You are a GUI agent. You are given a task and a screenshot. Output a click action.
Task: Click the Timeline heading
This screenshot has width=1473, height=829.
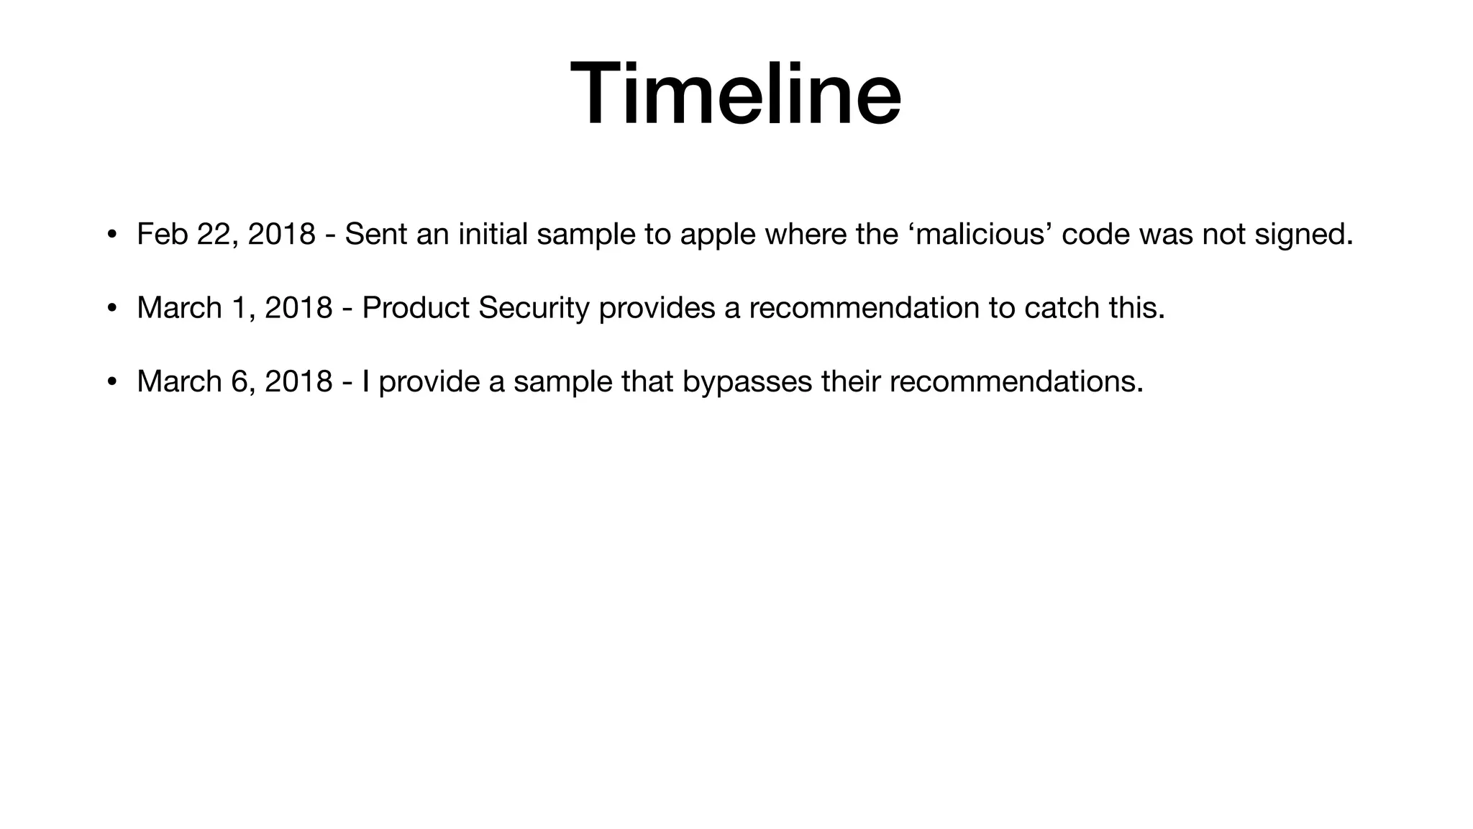tap(736, 94)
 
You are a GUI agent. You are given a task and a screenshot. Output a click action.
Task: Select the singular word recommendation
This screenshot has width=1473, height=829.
tap(864, 308)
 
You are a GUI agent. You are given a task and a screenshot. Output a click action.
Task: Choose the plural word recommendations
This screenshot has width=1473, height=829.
tap(1016, 381)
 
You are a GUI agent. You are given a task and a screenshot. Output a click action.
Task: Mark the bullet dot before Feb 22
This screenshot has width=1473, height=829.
tap(111, 235)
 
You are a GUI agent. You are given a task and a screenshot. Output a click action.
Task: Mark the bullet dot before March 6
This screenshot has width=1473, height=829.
tap(111, 382)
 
